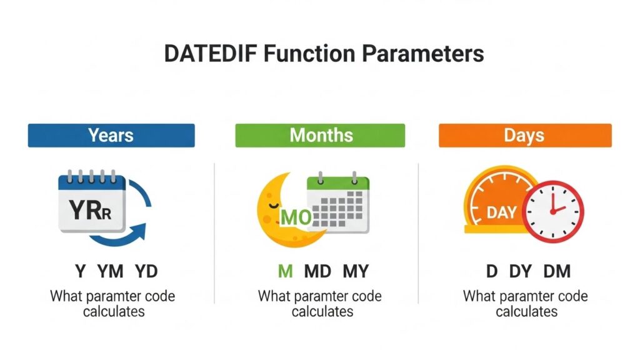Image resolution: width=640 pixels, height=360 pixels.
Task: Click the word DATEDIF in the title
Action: click(210, 54)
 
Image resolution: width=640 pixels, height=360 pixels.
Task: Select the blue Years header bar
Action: click(111, 135)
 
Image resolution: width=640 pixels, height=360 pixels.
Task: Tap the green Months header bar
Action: click(320, 135)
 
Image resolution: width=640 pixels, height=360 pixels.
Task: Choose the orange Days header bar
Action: click(525, 135)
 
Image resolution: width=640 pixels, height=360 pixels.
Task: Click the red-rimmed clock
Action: click(553, 211)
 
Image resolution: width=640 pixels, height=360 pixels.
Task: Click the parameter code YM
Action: click(110, 271)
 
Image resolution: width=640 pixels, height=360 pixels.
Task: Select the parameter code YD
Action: click(146, 271)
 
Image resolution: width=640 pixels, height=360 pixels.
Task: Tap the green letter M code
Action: click(285, 271)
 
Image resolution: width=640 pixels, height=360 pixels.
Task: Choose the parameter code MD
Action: click(317, 271)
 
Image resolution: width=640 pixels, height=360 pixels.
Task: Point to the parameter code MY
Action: click(356, 271)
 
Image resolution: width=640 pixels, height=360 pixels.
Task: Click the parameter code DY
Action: click(521, 271)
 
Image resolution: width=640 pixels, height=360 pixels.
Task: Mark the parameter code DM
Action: click(557, 271)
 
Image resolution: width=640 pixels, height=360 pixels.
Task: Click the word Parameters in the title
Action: click(423, 54)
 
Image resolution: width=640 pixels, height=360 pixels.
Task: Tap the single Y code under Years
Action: click(81, 271)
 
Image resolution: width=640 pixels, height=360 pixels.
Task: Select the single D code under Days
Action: click(492, 271)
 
